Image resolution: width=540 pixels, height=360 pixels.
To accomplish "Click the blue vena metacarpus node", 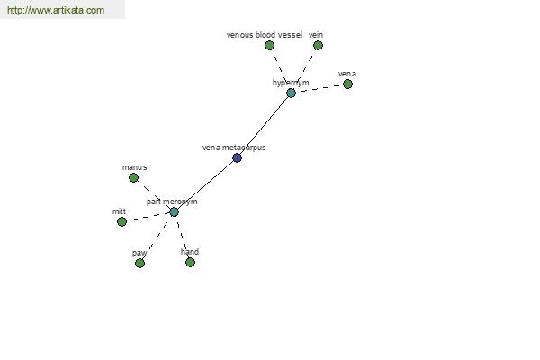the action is [237, 158].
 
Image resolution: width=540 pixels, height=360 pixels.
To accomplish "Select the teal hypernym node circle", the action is [291, 93].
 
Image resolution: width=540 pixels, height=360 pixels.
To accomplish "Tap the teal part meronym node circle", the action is [175, 211].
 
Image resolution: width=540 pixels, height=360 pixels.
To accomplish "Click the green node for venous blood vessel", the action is [269, 46].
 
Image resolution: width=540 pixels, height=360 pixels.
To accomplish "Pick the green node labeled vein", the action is [318, 46].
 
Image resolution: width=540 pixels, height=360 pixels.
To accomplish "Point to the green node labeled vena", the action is [347, 84].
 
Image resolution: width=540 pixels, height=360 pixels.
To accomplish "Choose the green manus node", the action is [133, 178].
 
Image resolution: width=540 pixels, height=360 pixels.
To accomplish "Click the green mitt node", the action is [121, 222].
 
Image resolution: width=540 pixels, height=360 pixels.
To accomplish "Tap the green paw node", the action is [139, 263].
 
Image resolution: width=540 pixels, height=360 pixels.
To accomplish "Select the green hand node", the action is [190, 263].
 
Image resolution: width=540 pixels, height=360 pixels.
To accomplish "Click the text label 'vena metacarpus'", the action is [234, 148].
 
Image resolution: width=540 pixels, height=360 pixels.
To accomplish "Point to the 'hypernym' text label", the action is [291, 83].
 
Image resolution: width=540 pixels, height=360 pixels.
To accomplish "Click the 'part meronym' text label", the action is [172, 202].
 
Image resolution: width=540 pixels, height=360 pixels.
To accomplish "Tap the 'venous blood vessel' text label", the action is [265, 35].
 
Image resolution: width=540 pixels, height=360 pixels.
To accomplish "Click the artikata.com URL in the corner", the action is [56, 10].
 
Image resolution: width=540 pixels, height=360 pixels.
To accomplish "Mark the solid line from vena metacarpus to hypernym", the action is [264, 126].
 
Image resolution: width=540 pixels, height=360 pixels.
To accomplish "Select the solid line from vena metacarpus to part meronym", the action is [205, 185].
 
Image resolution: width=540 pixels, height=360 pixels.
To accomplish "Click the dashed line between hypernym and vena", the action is [319, 88].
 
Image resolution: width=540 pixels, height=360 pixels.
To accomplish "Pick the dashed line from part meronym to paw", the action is [157, 238].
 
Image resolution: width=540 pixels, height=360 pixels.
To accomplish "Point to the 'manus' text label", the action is [135, 167].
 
